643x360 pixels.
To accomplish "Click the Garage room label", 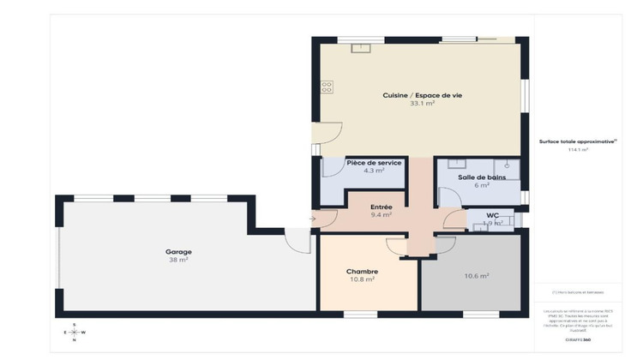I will tap(178, 251).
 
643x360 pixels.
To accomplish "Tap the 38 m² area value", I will tap(178, 259).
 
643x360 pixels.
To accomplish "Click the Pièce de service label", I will tap(373, 162).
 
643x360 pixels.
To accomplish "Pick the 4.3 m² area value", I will tap(373, 171).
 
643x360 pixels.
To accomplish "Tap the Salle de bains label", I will tap(481, 177).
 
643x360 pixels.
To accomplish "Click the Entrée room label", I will tap(382, 207).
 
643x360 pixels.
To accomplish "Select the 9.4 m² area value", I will tap(382, 215).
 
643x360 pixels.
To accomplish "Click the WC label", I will tap(492, 215).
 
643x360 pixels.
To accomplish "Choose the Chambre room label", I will tap(362, 271).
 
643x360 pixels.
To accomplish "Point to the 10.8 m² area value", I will tap(362, 279).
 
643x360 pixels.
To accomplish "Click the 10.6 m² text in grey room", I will tap(476, 275).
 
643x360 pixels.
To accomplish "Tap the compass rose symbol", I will tap(75, 332).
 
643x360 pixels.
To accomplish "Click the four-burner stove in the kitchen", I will tap(327, 86).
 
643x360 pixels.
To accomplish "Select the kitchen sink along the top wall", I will tap(360, 47).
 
